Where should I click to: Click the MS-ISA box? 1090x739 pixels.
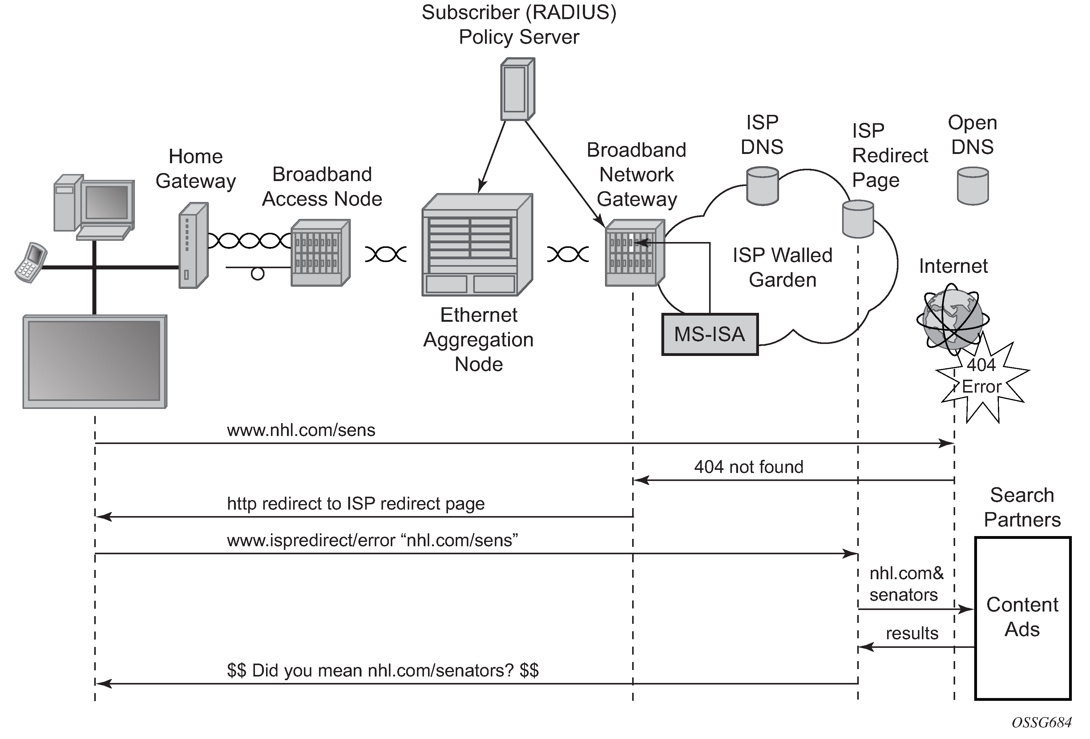tap(710, 334)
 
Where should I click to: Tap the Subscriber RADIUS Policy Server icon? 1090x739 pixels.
tap(517, 89)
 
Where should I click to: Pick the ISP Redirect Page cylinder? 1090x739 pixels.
tap(858, 219)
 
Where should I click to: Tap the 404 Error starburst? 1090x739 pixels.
tap(982, 380)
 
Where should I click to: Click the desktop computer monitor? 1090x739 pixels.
tap(107, 203)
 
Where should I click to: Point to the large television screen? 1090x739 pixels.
tap(95, 361)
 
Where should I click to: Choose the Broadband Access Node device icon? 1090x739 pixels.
tap(320, 253)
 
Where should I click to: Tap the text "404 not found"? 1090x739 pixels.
tap(749, 467)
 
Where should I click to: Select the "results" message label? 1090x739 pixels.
tap(912, 633)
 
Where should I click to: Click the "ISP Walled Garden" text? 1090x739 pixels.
tap(782, 267)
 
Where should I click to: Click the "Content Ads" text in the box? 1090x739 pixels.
tap(1022, 617)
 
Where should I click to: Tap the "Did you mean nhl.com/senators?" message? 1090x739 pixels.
tap(383, 671)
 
